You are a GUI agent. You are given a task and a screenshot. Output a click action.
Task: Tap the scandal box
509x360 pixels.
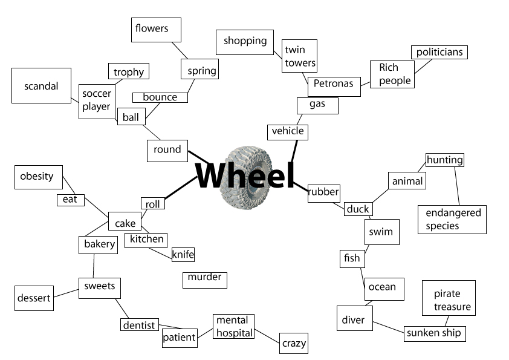tap(41, 86)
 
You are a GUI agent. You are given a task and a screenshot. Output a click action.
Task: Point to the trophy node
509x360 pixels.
tap(129, 72)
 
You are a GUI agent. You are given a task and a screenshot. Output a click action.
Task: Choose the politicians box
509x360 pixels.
tap(439, 52)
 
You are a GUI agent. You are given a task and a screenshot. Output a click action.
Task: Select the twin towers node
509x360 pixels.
tap(299, 56)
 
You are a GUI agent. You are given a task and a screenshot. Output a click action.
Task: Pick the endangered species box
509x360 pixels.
tap(452, 219)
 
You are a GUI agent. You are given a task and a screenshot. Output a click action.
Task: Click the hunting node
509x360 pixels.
tap(444, 160)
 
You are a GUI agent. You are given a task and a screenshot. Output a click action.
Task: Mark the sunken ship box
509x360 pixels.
tap(434, 333)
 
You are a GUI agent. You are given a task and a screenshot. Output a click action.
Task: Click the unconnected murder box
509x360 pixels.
tap(204, 278)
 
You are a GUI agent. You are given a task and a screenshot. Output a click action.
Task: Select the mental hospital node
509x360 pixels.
tap(233, 327)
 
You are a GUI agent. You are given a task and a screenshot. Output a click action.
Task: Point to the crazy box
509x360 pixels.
tap(294, 343)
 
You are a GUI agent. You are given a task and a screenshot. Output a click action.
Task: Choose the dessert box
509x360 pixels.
tap(33, 298)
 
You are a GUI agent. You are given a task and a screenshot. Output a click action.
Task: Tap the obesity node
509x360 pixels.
tap(37, 177)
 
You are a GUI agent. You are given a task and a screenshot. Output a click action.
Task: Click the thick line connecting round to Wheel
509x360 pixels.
tap(198, 157)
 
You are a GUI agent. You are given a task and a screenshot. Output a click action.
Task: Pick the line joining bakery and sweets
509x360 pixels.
tap(94, 266)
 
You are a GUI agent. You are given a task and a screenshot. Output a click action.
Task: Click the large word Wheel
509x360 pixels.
tap(245, 176)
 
